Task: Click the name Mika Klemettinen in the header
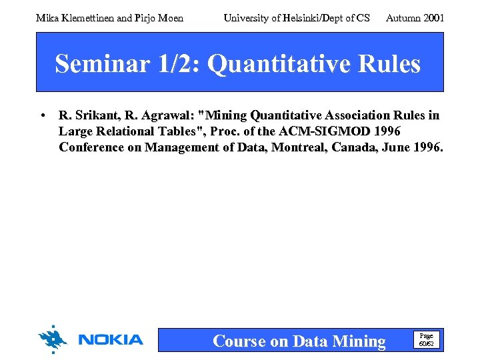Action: [75, 18]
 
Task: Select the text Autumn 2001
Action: [415, 18]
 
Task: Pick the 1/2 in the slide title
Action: [173, 64]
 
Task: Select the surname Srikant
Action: [93, 115]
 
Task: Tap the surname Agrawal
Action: [163, 115]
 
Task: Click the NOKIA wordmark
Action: [110, 340]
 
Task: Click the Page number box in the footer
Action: [425, 339]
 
